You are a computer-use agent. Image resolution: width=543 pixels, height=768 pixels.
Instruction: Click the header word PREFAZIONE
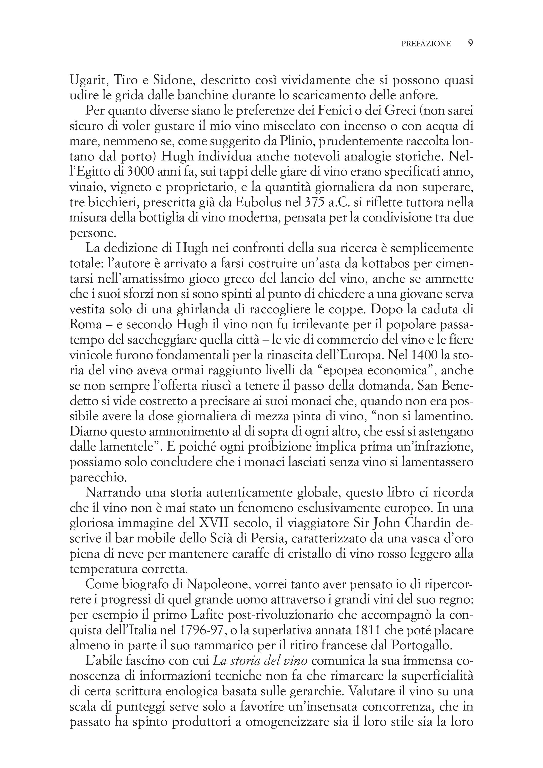coord(426,44)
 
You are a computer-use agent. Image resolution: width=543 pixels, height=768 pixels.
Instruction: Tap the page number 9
coord(470,43)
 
